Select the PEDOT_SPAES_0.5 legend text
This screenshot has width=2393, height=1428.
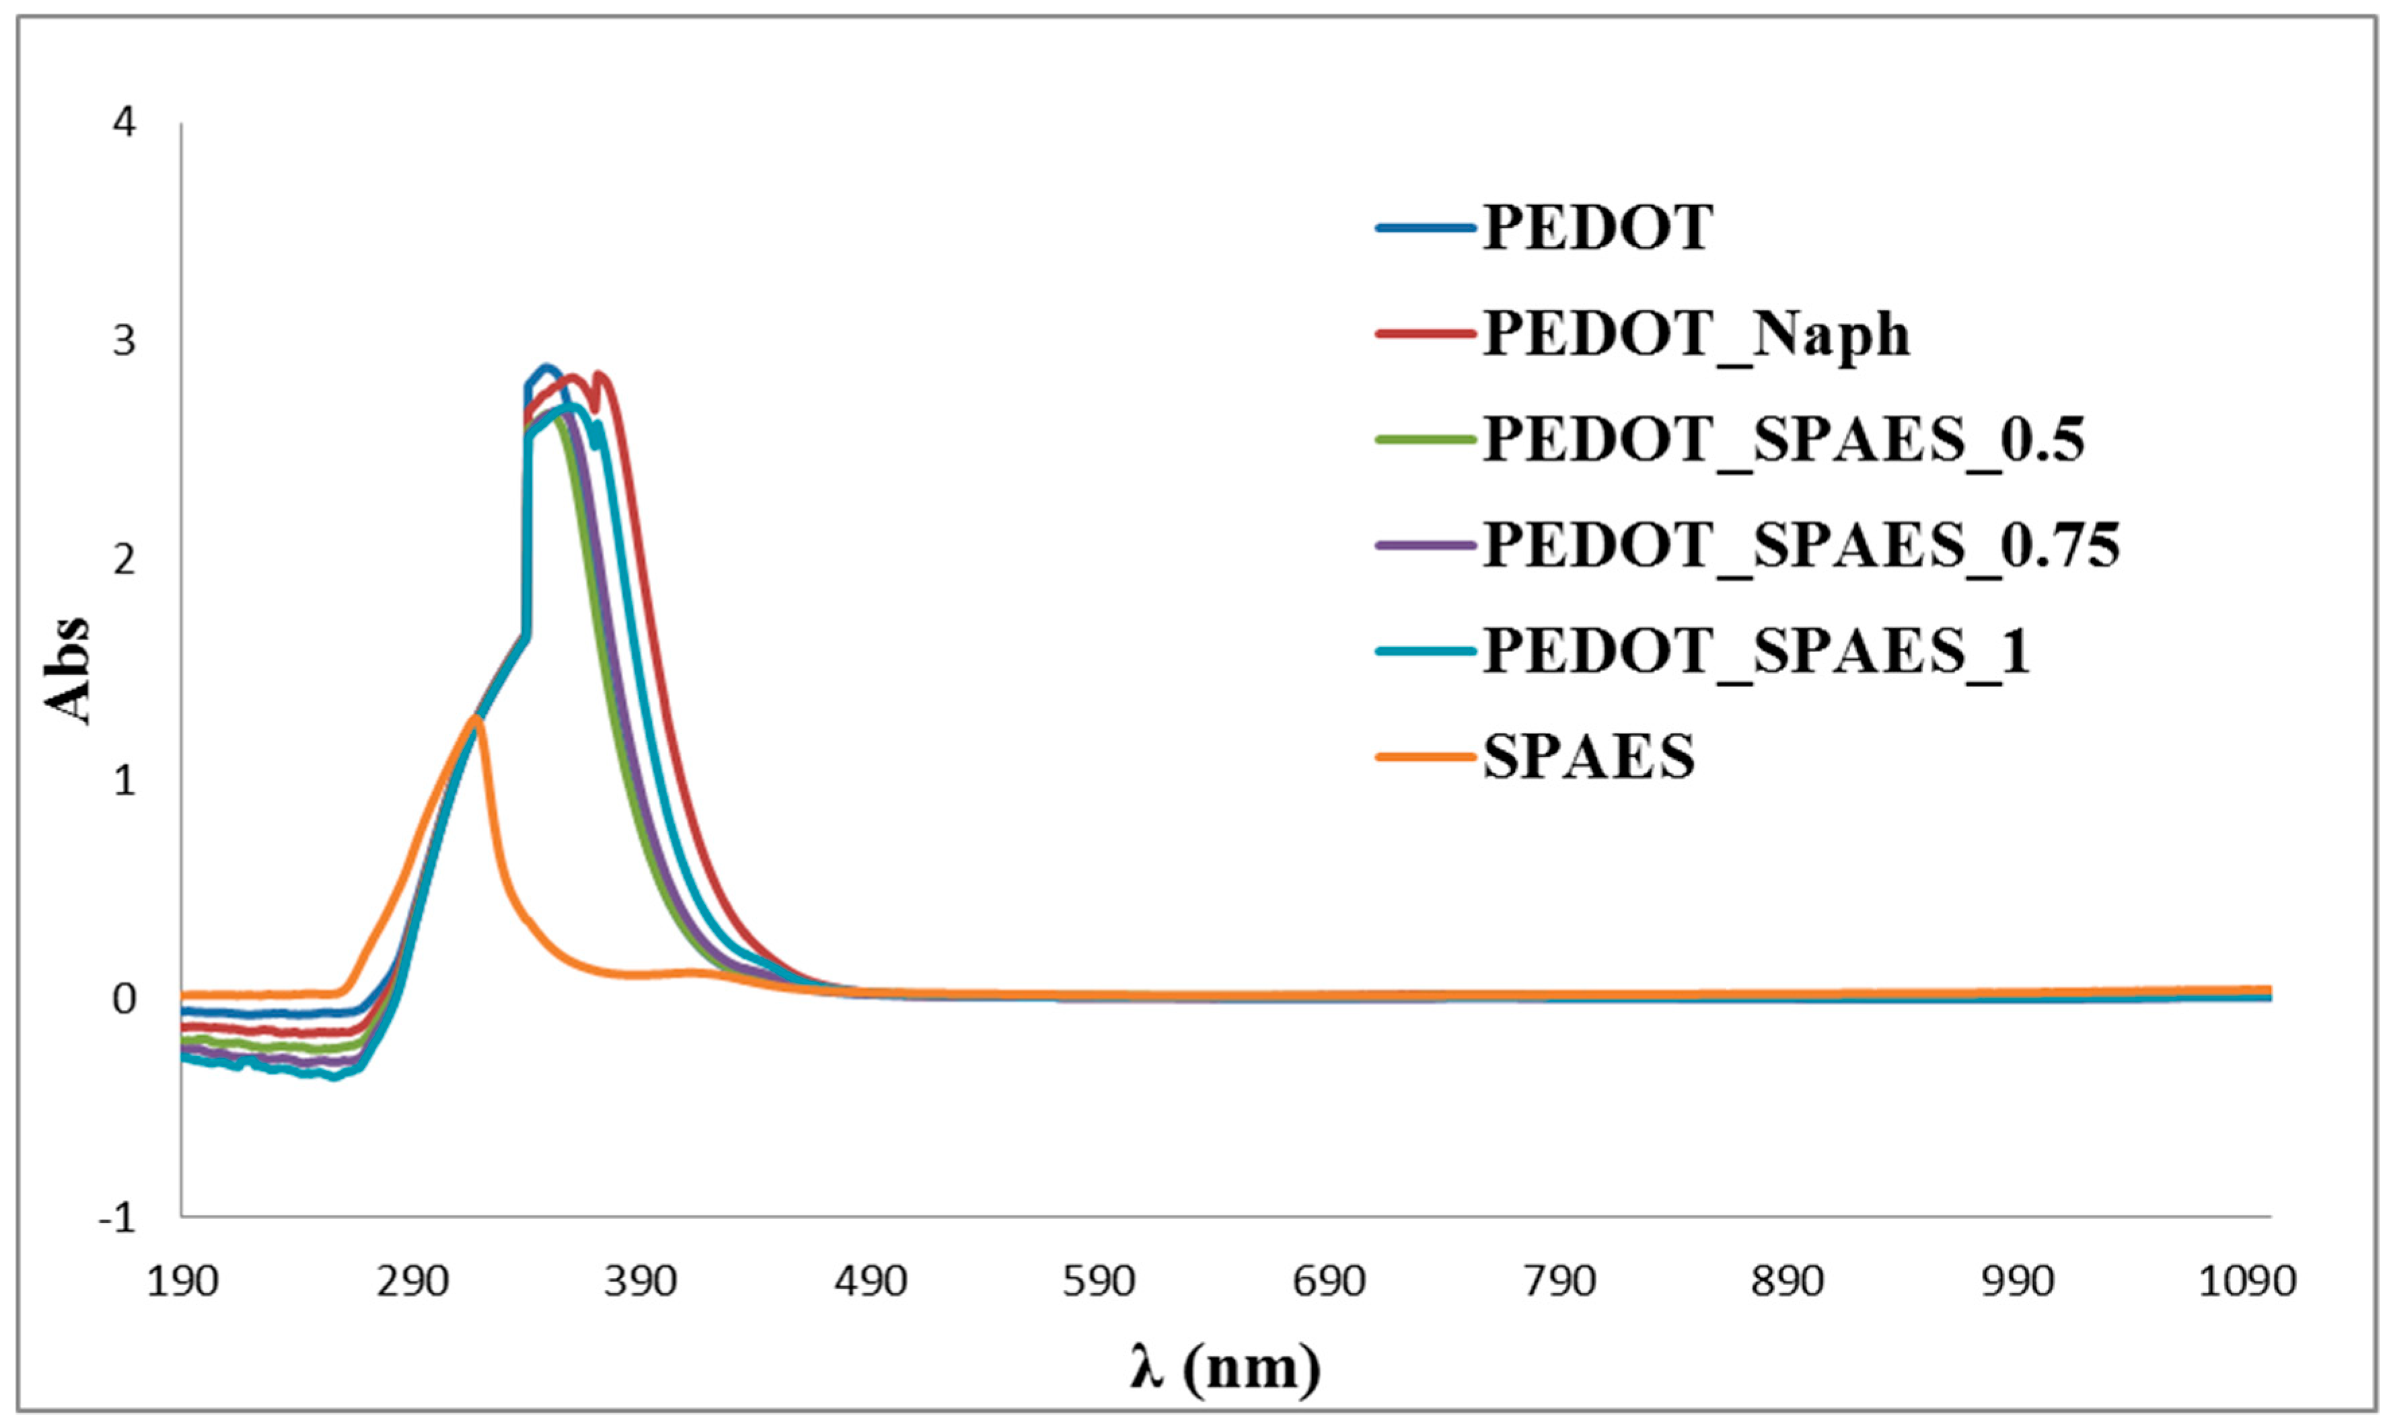[1783, 440]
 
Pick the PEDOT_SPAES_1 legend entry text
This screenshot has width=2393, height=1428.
[1756, 651]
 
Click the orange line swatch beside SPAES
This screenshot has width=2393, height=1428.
[1426, 756]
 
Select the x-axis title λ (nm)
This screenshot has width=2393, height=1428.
[1225, 1365]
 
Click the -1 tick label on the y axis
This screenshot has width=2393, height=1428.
[118, 1218]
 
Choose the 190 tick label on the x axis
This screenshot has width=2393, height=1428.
[182, 1281]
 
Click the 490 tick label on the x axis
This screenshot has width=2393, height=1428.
[870, 1281]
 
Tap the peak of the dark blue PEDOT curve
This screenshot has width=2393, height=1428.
[548, 366]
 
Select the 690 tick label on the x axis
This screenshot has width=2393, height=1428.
[1329, 1281]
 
